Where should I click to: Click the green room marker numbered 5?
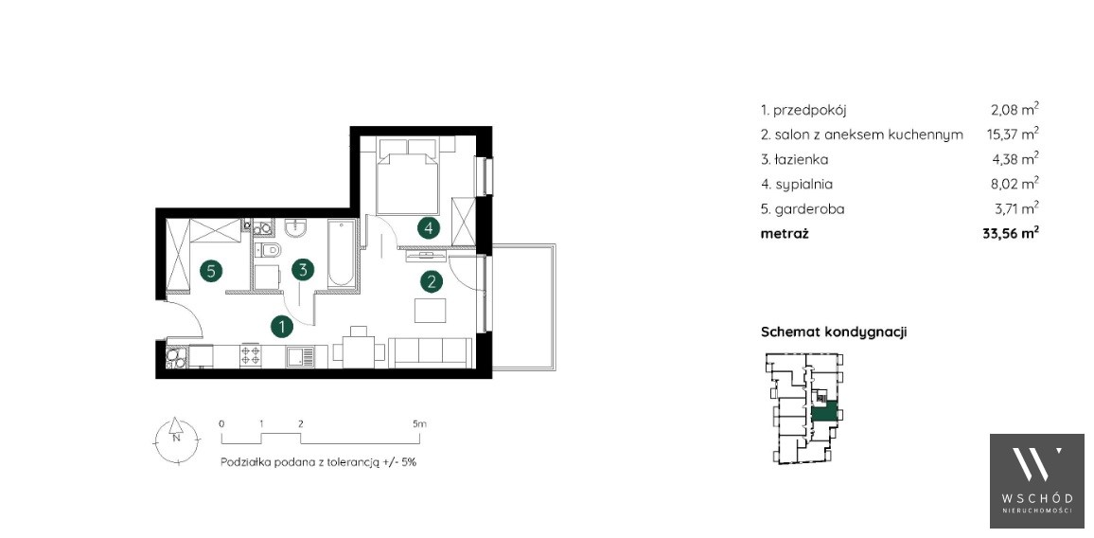211,270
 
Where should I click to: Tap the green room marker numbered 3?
302,270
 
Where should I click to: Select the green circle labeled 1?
282,326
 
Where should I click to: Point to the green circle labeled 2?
432,281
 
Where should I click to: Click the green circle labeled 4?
429,227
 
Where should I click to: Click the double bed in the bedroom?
408,175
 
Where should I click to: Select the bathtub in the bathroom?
342,252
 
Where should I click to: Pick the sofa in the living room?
429,351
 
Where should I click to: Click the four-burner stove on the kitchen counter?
251,356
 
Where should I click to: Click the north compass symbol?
177,439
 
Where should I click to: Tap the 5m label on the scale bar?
418,423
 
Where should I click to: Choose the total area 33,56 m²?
1011,234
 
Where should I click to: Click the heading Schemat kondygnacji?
833,332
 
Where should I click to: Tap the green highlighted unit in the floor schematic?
824,412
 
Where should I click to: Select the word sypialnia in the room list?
803,185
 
